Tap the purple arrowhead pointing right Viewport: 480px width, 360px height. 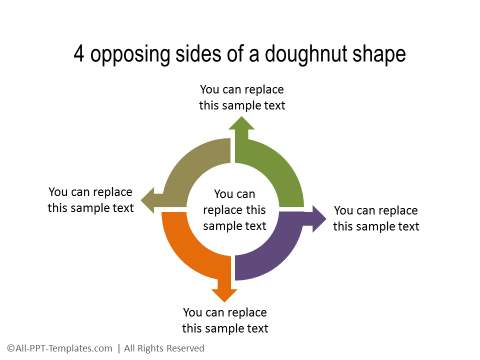tap(317, 218)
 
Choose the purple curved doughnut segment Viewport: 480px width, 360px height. tap(275, 250)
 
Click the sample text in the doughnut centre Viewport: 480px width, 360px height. tap(234, 210)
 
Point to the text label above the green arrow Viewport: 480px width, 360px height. tap(241, 97)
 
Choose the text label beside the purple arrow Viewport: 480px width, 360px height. tap(375, 218)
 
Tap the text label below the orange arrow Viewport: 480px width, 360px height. tap(225, 320)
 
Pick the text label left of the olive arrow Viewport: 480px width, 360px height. tap(90, 200)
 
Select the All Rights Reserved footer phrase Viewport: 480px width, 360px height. tap(163, 348)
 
